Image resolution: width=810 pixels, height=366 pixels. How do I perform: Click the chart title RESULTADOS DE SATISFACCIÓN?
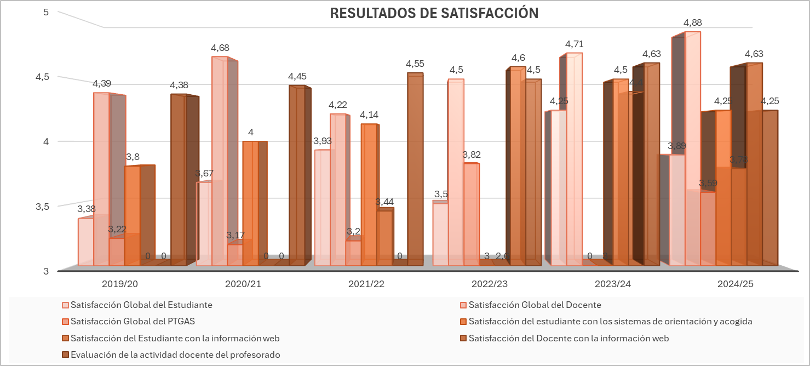click(x=434, y=14)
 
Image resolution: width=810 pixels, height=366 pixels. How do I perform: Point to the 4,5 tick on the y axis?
click(x=42, y=77)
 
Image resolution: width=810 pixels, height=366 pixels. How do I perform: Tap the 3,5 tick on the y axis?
click(x=42, y=207)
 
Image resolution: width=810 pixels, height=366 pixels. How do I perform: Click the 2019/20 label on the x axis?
click(x=120, y=284)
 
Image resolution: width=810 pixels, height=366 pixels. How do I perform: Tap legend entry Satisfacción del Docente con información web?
click(x=568, y=338)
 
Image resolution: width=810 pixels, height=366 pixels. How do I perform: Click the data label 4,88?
click(x=692, y=23)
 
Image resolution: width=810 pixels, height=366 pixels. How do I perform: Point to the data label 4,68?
click(x=220, y=48)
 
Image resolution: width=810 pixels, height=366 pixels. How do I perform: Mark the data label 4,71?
click(x=574, y=44)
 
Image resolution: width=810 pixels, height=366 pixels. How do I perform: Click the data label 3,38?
click(x=87, y=209)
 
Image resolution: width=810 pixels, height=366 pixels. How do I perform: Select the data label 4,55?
click(x=415, y=64)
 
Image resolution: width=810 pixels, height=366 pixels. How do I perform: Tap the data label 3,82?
click(x=472, y=155)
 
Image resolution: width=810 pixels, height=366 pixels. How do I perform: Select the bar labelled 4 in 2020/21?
click(x=250, y=203)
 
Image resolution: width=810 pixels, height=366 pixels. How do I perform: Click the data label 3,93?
click(x=323, y=141)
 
